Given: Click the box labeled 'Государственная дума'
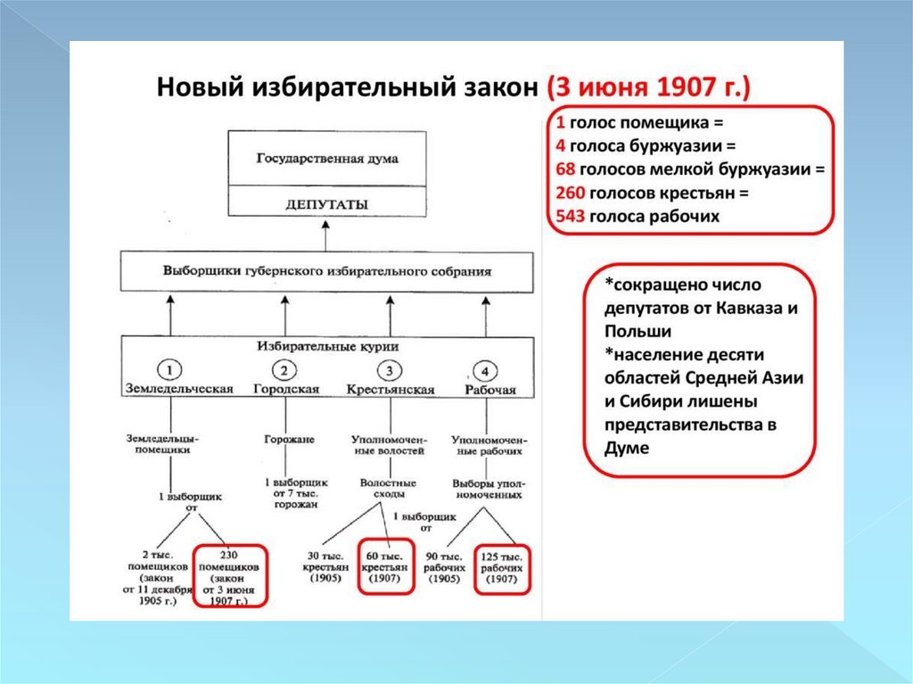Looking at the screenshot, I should [327, 159].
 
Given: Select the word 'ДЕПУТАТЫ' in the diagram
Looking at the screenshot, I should [327, 204].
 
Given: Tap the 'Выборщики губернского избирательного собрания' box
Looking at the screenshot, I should [327, 271].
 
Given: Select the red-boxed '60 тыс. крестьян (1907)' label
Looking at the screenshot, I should [387, 565].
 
